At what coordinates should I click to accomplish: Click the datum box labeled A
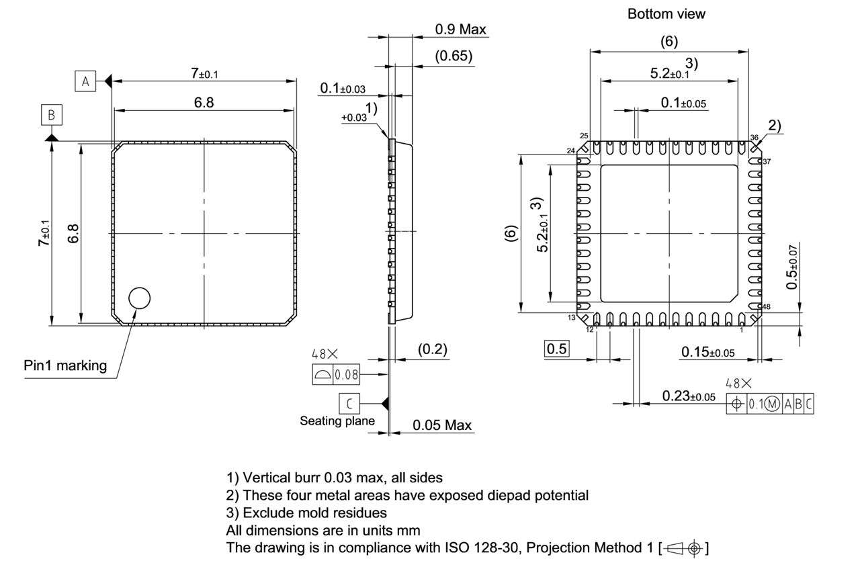85,81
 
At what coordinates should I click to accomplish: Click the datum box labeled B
51,115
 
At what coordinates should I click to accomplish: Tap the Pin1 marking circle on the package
139,298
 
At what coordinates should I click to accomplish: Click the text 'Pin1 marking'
65,365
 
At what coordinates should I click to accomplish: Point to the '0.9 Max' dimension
460,29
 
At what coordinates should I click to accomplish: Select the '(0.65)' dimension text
454,56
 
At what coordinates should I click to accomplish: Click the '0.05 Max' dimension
442,425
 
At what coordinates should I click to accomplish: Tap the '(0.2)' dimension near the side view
432,349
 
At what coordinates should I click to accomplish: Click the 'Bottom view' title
666,13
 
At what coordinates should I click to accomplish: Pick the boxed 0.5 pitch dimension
557,349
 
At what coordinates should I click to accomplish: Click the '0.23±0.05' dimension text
689,396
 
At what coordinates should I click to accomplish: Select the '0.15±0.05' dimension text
707,351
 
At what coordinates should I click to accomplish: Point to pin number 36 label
755,138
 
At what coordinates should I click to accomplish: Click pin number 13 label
572,317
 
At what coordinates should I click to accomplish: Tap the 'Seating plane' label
337,421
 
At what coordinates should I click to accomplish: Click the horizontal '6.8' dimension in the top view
204,102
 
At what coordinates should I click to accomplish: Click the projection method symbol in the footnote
683,548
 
